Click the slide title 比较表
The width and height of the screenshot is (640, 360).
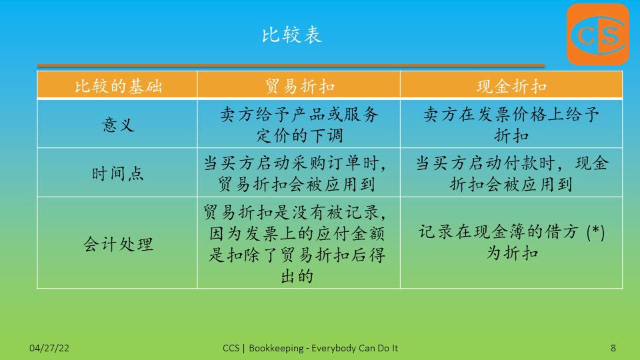pos(292,35)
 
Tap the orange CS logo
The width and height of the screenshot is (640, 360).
pos(598,34)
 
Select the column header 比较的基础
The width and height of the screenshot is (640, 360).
pos(119,86)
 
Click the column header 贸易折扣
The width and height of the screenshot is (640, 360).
pos(300,86)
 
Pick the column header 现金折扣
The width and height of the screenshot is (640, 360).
pos(512,86)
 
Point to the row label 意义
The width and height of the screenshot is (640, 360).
pos(119,125)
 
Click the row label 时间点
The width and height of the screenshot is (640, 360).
pos(119,173)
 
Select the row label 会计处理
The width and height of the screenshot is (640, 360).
pos(119,244)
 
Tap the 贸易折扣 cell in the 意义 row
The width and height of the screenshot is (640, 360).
pos(299,125)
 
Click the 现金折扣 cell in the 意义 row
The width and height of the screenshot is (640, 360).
pos(511,125)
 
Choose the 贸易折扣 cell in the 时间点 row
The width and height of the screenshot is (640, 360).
pos(295,173)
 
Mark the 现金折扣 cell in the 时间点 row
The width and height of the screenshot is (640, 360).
pos(512,173)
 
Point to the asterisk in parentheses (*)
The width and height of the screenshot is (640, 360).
pos(595,232)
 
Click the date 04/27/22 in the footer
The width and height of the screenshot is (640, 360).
pos(49,348)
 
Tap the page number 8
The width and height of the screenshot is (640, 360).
pos(613,348)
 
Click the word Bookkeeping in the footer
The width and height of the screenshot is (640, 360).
pos(276,348)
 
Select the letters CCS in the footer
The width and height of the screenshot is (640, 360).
pos(231,348)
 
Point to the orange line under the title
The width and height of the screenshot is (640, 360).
pos(291,65)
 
